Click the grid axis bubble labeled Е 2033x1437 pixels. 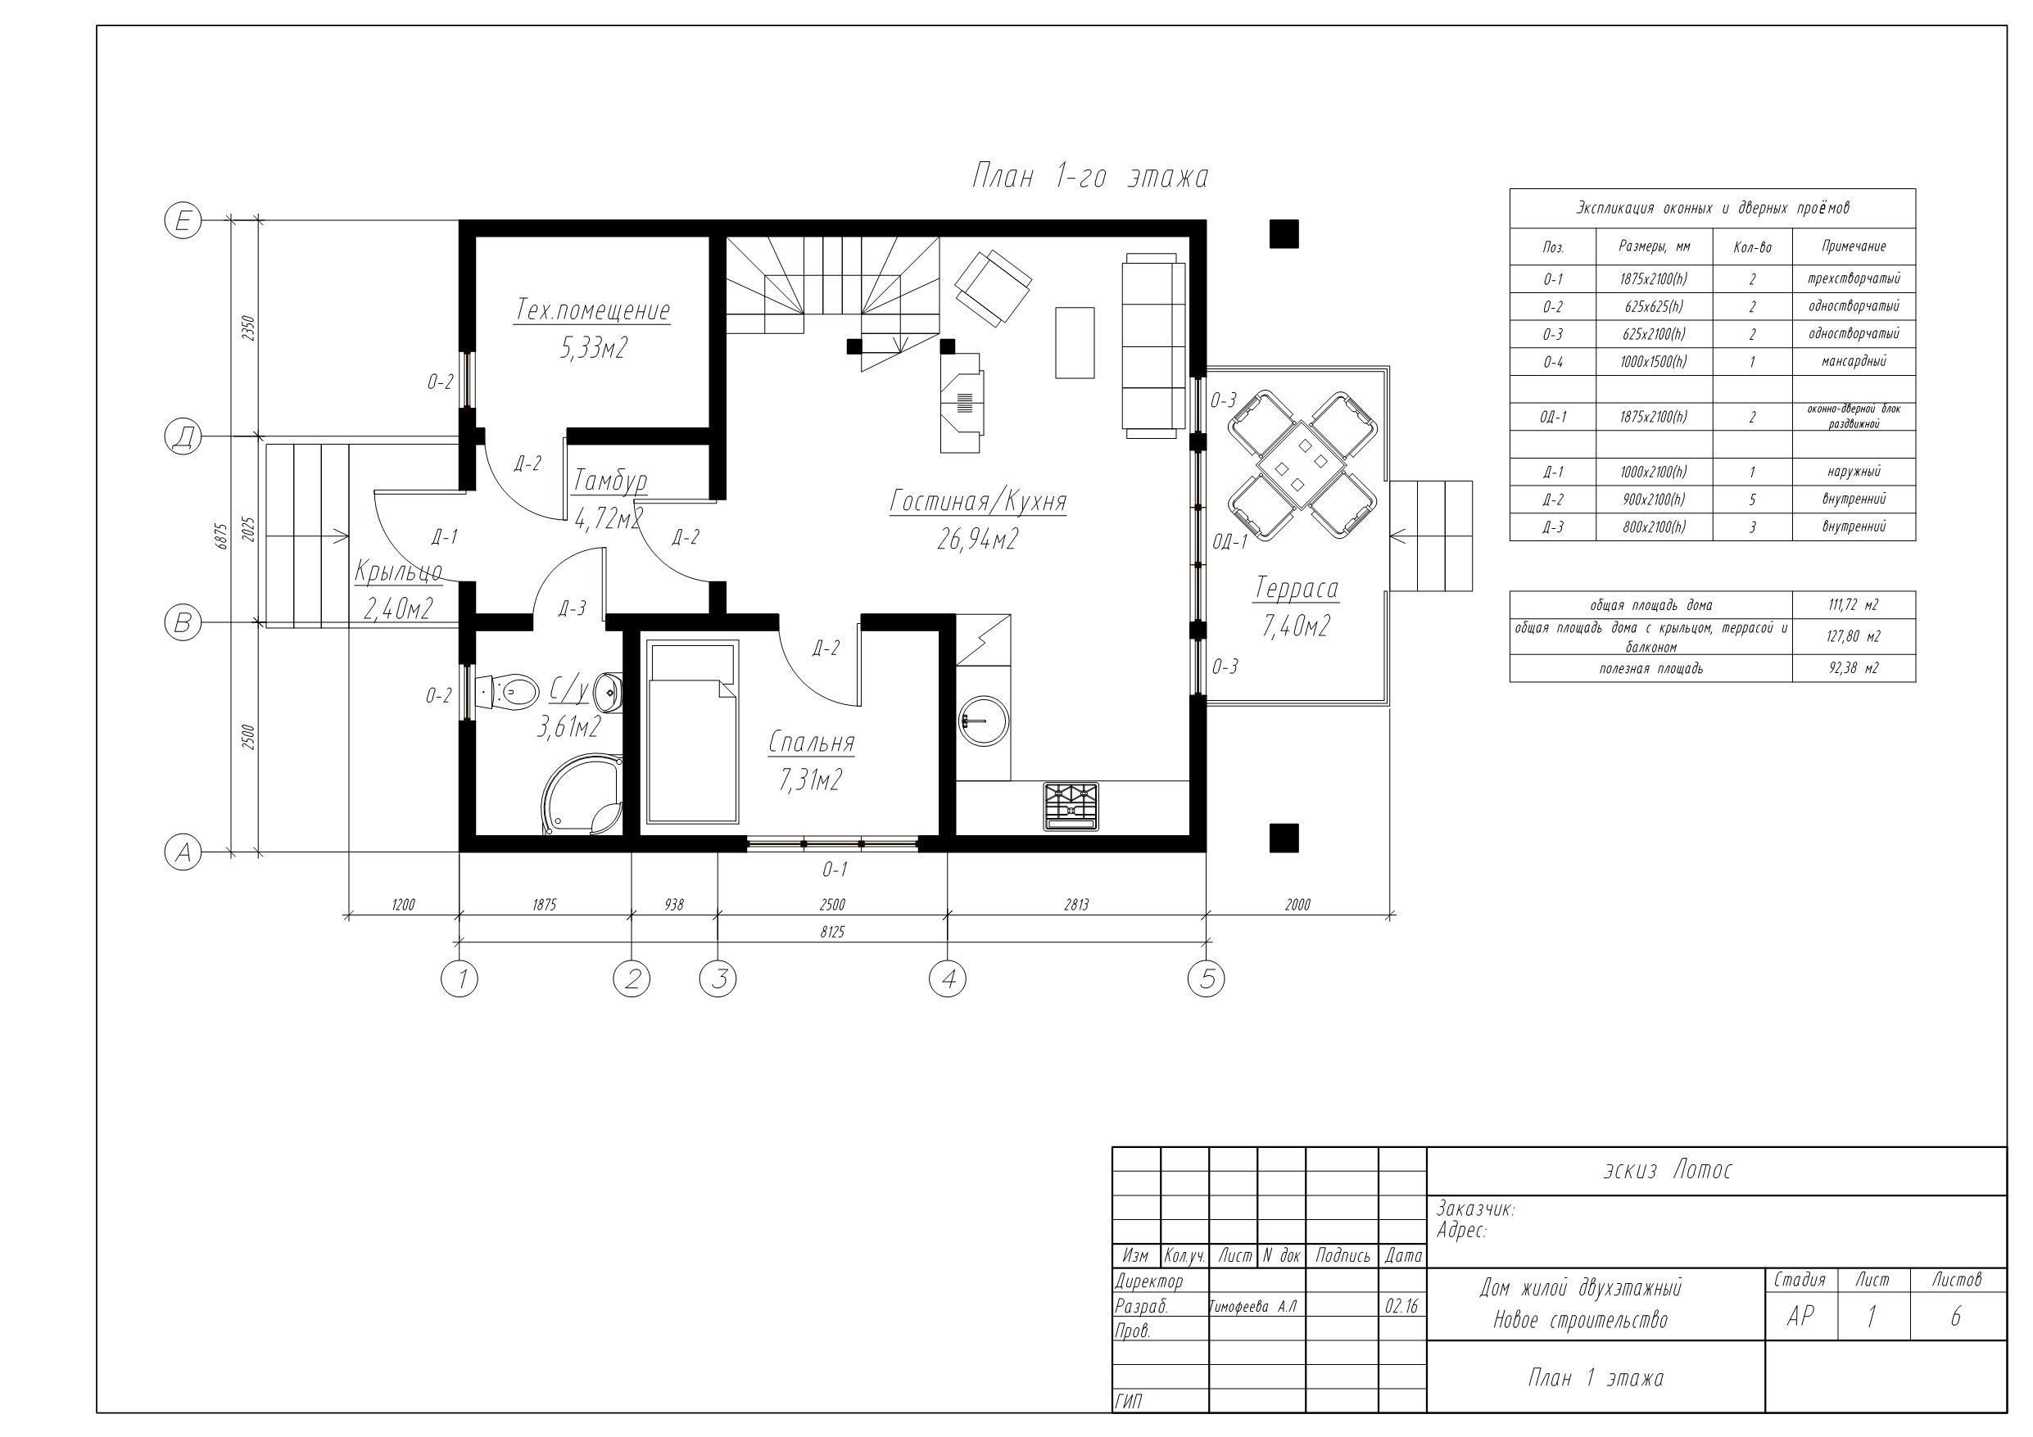pos(183,219)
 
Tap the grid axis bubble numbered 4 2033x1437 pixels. pos(948,978)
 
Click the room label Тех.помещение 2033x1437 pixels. pos(592,311)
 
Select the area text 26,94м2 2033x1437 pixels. pos(977,540)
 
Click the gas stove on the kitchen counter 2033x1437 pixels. pos(1071,807)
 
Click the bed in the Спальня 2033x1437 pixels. pos(691,732)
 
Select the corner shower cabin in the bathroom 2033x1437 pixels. pos(582,794)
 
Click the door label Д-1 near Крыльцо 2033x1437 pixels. pos(445,536)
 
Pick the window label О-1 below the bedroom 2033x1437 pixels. pos(834,870)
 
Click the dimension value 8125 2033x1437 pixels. pos(832,933)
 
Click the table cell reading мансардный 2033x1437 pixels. pos(1854,361)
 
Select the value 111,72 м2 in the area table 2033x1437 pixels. pos(1854,606)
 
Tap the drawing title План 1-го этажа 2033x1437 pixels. pos(1090,177)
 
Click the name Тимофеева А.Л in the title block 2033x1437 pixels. pos(1253,1307)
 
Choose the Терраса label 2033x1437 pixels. pos(1297,588)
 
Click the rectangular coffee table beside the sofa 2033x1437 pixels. pos(1074,342)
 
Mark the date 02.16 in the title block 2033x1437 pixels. pos(1401,1307)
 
